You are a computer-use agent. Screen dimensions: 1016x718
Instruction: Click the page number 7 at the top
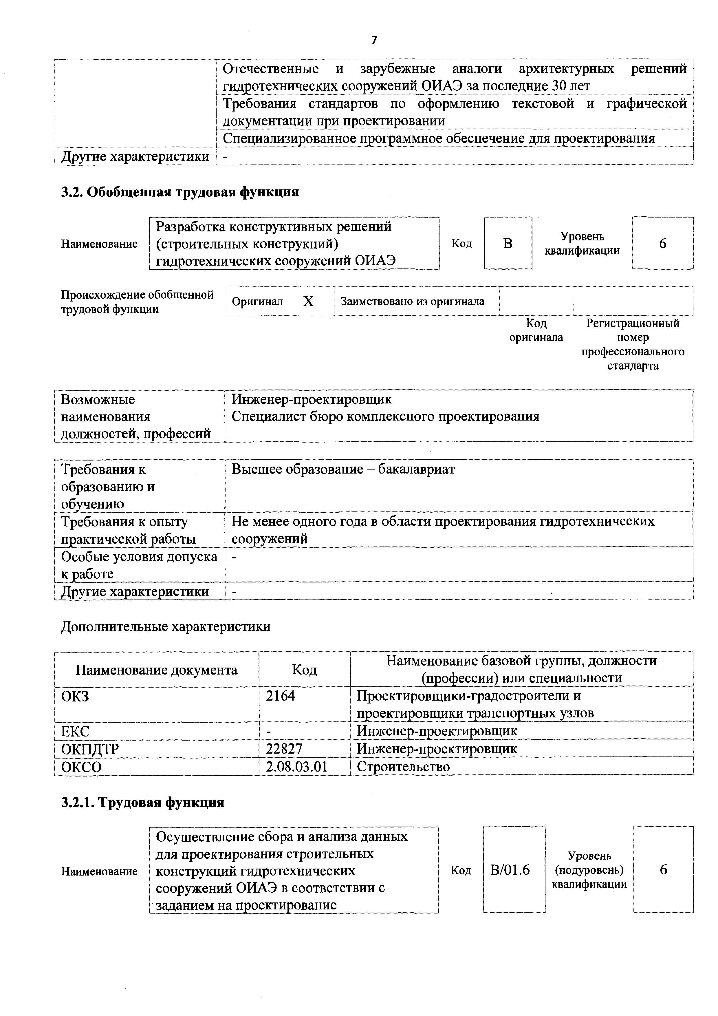click(x=374, y=40)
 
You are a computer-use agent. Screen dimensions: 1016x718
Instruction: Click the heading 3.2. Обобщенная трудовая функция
click(x=180, y=192)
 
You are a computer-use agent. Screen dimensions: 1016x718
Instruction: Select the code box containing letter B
click(x=508, y=243)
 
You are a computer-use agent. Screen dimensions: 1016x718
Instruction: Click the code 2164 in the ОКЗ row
click(x=281, y=696)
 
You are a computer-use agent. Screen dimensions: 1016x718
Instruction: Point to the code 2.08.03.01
click(x=296, y=767)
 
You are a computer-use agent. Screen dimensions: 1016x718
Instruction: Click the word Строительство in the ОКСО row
click(x=403, y=767)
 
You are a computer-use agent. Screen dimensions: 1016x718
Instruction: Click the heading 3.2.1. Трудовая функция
click(x=142, y=802)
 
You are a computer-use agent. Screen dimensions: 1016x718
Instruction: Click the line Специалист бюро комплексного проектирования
click(x=385, y=416)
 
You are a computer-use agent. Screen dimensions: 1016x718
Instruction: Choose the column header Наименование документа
click(x=157, y=670)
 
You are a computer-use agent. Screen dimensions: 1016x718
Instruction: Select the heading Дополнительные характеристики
click(x=165, y=626)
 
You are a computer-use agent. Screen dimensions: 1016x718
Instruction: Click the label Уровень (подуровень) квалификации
click(x=589, y=870)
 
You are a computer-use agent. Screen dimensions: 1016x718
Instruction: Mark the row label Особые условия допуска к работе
click(x=139, y=565)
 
